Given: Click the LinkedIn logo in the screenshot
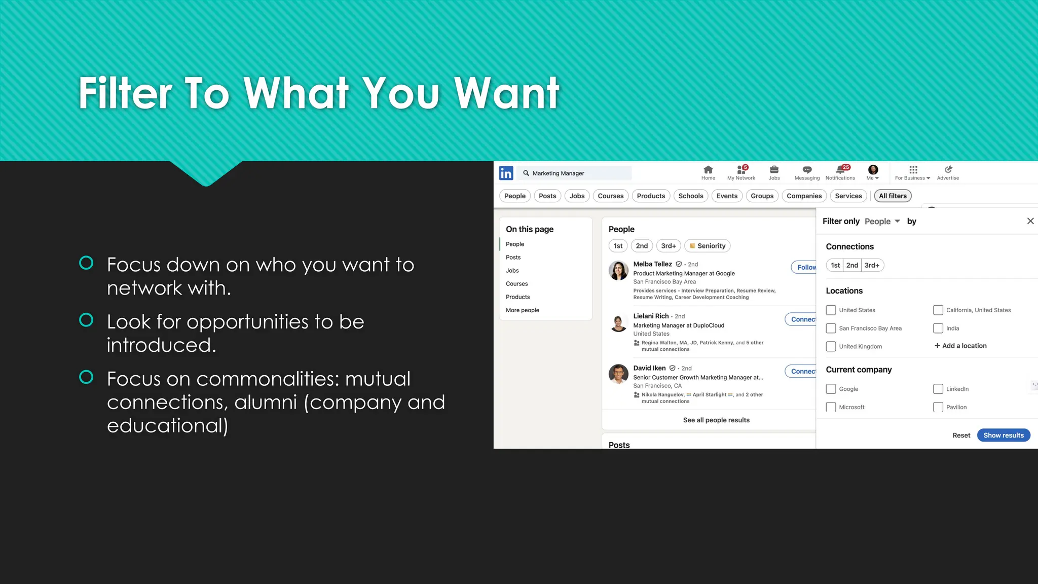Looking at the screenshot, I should point(506,173).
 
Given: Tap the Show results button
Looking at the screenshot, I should point(1003,435).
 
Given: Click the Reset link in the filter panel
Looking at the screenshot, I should point(961,435).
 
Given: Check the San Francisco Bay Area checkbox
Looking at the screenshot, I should point(831,328).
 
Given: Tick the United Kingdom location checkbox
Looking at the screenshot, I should point(831,347).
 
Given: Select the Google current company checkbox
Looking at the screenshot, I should point(831,389).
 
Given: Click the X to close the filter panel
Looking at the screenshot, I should point(1030,221).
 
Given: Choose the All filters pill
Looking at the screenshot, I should point(893,196).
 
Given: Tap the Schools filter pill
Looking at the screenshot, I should point(690,196).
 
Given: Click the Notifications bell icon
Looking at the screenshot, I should point(840,170).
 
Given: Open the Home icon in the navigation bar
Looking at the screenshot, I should point(708,170).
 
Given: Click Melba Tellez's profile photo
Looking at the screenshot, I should point(618,271).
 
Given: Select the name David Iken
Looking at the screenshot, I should point(649,369).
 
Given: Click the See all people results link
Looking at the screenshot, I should point(716,420).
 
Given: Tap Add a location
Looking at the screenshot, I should point(960,346).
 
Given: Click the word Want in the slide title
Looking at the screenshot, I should point(506,93).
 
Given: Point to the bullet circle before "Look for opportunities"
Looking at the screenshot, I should point(86,320).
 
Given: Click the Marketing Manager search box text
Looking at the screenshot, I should point(558,173).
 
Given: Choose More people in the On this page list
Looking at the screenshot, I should point(522,310).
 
